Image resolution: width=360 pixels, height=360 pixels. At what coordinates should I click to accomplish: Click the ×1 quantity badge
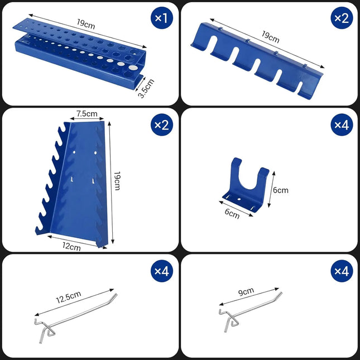coord(161,18)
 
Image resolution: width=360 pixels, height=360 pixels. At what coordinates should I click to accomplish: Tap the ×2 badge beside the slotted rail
coord(340,18)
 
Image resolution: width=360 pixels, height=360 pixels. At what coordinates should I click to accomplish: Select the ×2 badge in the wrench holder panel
coord(161,124)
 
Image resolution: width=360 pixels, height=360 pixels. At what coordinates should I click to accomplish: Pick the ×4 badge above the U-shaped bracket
coord(340,124)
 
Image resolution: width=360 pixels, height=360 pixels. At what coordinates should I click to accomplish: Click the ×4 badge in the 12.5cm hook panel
coord(161,271)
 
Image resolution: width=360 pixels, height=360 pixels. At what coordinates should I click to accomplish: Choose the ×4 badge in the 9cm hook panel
coord(340,271)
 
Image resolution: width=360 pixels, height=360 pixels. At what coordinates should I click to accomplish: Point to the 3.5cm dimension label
coord(146,88)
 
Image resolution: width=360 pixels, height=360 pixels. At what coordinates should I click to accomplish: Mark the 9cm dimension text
coord(245,291)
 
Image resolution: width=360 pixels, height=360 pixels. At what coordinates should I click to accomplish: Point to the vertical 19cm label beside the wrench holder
coord(117,181)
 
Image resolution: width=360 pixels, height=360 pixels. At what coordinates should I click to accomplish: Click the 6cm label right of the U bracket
coord(281,190)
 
